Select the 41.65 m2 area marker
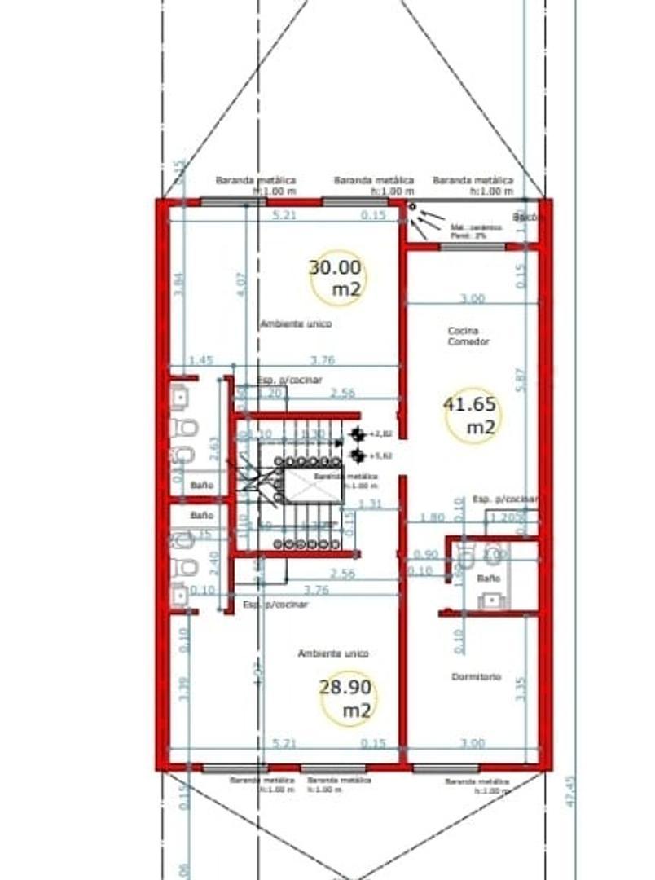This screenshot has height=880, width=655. click(x=473, y=415)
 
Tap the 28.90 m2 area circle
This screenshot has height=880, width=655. click(x=349, y=698)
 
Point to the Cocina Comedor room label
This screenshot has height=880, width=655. click(x=468, y=337)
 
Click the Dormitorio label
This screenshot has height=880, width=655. click(x=477, y=677)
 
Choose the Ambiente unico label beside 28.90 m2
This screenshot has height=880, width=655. click(x=332, y=653)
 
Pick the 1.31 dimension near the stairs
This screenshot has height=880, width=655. click(x=371, y=504)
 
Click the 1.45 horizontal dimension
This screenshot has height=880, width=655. click(x=200, y=360)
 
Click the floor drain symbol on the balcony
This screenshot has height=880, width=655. click(x=412, y=207)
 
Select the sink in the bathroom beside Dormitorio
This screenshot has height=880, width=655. click(x=491, y=601)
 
